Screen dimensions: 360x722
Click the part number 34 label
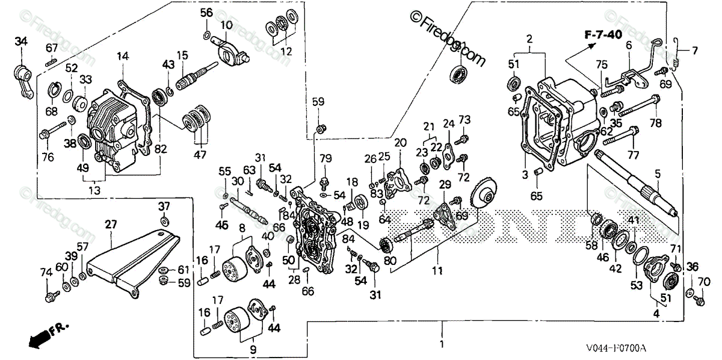(21, 41)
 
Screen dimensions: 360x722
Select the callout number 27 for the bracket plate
(111, 224)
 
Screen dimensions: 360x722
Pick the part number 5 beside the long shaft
(658, 173)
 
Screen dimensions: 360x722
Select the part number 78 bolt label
(655, 122)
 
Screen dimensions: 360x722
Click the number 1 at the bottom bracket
(442, 344)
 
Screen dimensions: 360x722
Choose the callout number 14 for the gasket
(123, 57)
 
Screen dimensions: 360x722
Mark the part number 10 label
(226, 25)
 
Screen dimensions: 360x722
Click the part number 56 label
(206, 13)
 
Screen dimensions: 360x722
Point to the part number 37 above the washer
(165, 206)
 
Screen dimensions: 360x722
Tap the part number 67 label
(52, 48)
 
